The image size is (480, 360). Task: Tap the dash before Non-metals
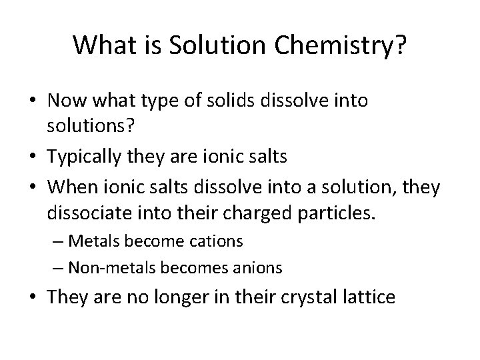point(58,268)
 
